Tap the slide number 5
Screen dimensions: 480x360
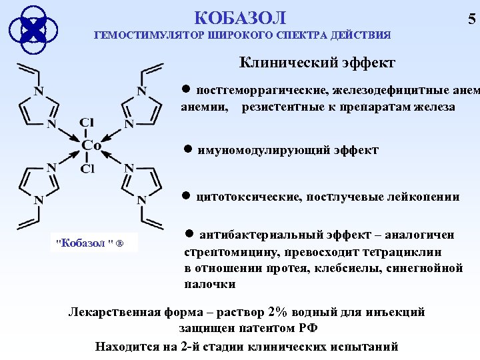[472, 19]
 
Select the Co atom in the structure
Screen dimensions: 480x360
[91, 145]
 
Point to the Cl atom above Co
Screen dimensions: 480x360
[87, 123]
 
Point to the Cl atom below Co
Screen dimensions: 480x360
[87, 168]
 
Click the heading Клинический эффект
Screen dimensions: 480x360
[317, 63]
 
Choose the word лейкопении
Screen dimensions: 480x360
[425, 197]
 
